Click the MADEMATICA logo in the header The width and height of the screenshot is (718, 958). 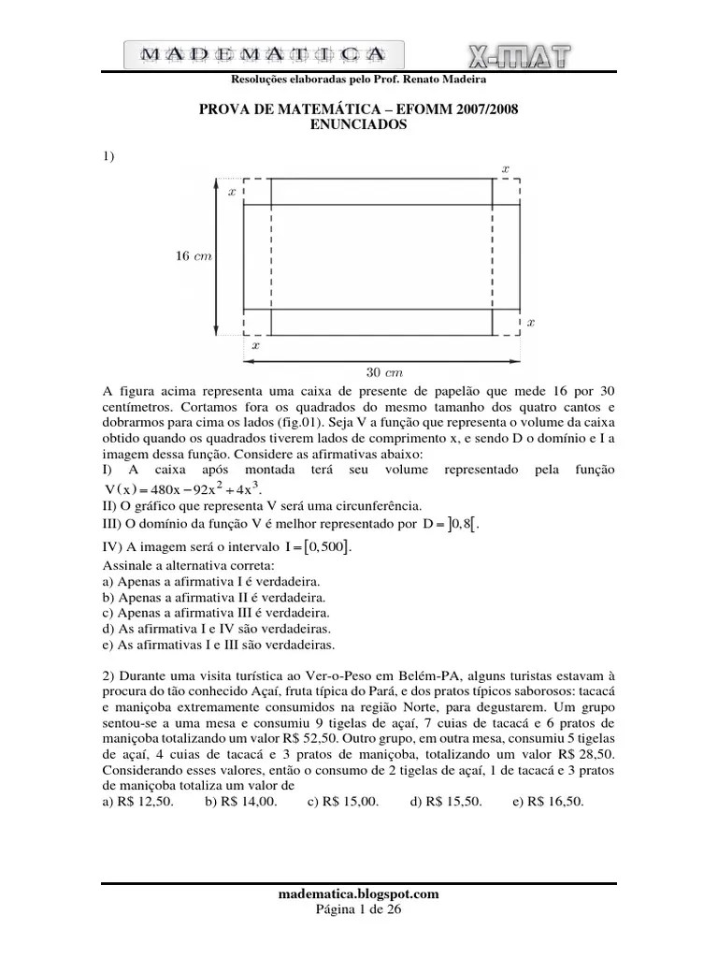coord(265,55)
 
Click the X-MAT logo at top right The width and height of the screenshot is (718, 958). coord(515,55)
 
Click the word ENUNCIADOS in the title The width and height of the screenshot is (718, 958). coord(358,125)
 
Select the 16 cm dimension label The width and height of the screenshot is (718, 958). coord(194,255)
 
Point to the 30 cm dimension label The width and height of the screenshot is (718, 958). coord(383,370)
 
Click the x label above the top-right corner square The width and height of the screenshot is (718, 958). coord(506,168)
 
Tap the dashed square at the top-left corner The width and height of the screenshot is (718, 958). coord(257,190)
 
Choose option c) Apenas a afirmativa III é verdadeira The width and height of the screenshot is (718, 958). coord(213,612)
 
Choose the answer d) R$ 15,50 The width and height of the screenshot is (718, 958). coord(445,802)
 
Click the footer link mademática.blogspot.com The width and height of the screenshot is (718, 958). coord(359,893)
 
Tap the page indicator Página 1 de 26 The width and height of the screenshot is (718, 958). coord(359,908)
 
